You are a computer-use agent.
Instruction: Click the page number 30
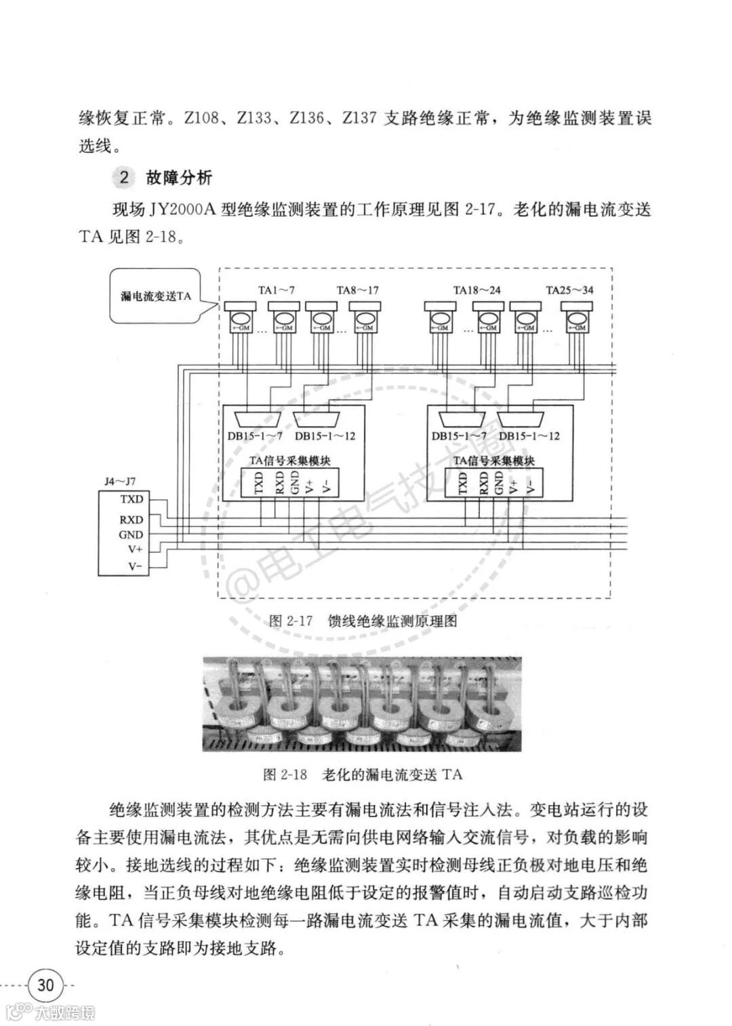(45, 983)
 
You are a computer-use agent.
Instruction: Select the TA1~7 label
(276, 290)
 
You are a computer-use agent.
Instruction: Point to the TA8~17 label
(358, 290)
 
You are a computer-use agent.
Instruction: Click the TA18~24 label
(477, 290)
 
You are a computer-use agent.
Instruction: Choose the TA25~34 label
(569, 290)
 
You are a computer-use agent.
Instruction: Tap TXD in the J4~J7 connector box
(131, 499)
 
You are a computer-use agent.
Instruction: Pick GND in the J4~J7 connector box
(131, 534)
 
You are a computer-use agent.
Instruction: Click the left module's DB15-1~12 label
(325, 436)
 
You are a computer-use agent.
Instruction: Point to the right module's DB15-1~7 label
(459, 436)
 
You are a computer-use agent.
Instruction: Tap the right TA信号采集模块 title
(494, 460)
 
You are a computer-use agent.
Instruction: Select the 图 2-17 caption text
(363, 621)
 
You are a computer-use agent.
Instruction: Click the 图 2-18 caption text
(363, 774)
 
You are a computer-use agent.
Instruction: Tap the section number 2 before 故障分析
(123, 178)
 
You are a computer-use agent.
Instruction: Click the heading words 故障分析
(179, 178)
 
